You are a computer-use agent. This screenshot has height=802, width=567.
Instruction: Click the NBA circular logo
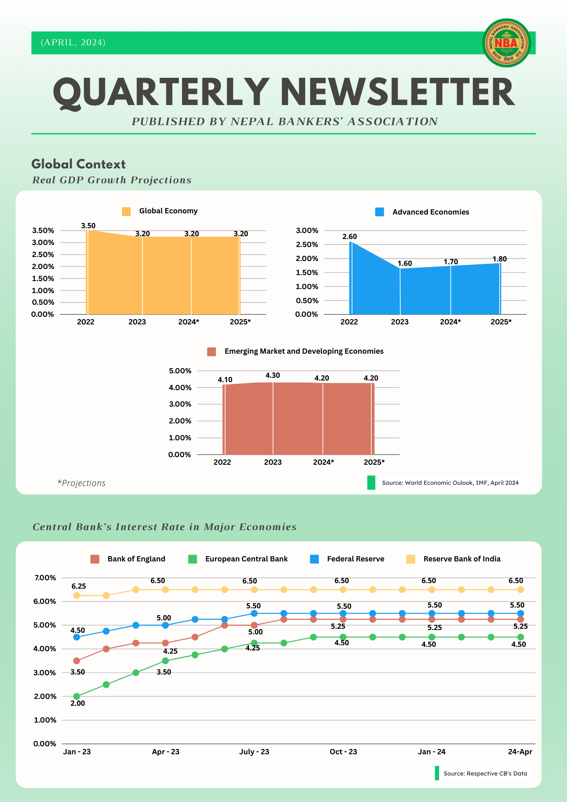coord(506,43)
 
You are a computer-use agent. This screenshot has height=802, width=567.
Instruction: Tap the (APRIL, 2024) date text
coord(73,43)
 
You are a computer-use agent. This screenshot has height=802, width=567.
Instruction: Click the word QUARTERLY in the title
coord(161,93)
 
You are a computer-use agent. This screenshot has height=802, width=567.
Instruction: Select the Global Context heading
coord(79,164)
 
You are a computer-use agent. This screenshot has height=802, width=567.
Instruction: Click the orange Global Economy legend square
coord(126,211)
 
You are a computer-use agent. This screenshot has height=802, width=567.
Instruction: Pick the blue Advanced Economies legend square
coord(379,212)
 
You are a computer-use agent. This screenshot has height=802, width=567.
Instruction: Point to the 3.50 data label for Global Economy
coord(88,226)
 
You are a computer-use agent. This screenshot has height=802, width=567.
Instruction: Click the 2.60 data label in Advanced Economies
coord(349,237)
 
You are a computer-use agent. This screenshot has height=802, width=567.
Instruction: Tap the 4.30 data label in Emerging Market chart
coord(273,375)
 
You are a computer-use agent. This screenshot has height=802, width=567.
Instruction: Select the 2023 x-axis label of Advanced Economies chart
coord(400,322)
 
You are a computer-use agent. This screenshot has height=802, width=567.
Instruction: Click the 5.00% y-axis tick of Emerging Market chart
coord(180,371)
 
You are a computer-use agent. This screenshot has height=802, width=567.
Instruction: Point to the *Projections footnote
coord(81,483)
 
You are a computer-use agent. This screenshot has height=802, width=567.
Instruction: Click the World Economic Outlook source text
coord(450,483)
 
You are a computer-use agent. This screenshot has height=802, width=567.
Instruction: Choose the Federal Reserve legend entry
coord(355,559)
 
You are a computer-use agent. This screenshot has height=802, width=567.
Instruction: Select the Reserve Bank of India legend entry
coord(462,559)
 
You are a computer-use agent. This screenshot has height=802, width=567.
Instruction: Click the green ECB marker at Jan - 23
coord(77,697)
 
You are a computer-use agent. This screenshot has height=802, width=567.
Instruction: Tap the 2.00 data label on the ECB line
coord(78,703)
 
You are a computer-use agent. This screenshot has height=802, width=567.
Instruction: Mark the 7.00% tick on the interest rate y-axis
coord(45,578)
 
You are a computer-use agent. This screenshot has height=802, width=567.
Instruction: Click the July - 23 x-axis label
coord(254,752)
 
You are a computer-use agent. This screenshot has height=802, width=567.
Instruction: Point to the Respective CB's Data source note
coord(485,774)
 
